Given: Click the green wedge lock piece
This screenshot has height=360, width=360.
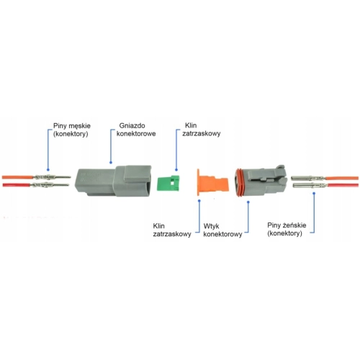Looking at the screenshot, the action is [x=168, y=183].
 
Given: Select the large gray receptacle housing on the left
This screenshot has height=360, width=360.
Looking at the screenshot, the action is [x=113, y=181].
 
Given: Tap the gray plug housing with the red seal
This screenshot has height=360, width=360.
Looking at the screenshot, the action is [x=261, y=181].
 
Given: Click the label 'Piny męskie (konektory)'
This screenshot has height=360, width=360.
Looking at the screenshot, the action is [x=71, y=130].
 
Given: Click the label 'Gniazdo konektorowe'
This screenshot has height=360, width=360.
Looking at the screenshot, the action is [x=136, y=130].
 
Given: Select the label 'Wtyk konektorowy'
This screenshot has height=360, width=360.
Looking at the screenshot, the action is [x=222, y=230].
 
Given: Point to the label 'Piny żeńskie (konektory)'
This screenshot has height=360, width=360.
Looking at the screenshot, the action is [x=287, y=229].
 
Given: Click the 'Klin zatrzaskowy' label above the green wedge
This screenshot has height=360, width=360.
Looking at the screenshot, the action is [x=201, y=130].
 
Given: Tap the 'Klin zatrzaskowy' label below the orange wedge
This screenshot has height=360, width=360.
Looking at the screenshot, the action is [x=172, y=230].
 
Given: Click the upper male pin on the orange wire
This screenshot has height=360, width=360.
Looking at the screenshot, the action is [x=52, y=177].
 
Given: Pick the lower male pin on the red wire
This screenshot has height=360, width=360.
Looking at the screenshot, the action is [x=50, y=185].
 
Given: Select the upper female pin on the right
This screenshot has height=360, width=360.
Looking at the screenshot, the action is [x=308, y=178].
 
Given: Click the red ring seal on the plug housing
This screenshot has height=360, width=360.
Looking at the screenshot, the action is [x=239, y=182].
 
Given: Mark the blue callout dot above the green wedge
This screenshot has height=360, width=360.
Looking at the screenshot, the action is [x=176, y=170].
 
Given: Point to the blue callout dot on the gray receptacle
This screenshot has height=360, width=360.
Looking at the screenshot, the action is [x=111, y=163].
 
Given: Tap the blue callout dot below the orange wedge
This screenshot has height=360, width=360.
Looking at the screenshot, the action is [x=199, y=201].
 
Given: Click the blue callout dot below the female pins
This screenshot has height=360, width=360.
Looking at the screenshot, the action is [x=314, y=193].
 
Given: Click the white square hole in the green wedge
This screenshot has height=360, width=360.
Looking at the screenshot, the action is [x=172, y=183].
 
